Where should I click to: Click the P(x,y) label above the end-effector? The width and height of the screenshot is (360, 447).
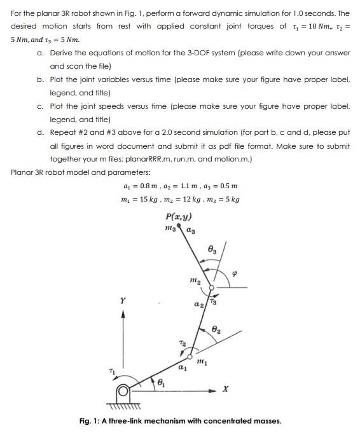pyautogui.click(x=179, y=214)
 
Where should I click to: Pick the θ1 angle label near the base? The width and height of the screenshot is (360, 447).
pyautogui.click(x=160, y=384)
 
